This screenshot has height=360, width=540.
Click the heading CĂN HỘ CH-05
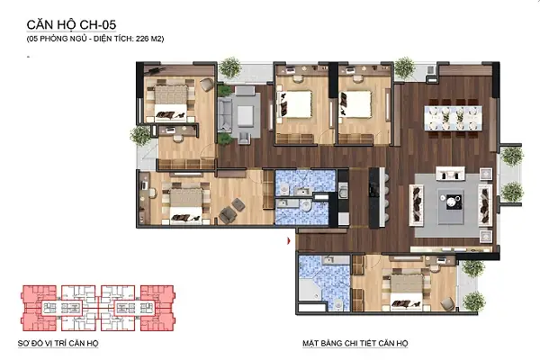click(x=71, y=25)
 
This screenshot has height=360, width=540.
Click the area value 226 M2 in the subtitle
click(x=149, y=39)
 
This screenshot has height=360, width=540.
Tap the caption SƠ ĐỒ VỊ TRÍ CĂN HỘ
click(x=58, y=343)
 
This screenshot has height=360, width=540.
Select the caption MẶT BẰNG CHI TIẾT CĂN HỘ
click(x=355, y=343)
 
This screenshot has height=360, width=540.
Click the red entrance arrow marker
click(x=289, y=241)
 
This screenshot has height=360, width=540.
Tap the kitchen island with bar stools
click(x=377, y=197)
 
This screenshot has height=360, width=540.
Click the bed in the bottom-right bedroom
click(x=407, y=290)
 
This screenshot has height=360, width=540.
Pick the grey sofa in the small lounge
click(x=224, y=114)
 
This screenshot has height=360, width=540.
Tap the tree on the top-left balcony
click(x=229, y=67)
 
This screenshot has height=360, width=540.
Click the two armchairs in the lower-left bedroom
click(x=231, y=210)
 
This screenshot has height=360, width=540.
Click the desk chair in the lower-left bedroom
click(x=152, y=193)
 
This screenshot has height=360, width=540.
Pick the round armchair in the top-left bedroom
click(x=207, y=85)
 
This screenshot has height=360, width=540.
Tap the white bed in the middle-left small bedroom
click(x=296, y=104)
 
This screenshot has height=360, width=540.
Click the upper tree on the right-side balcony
click(x=512, y=156)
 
